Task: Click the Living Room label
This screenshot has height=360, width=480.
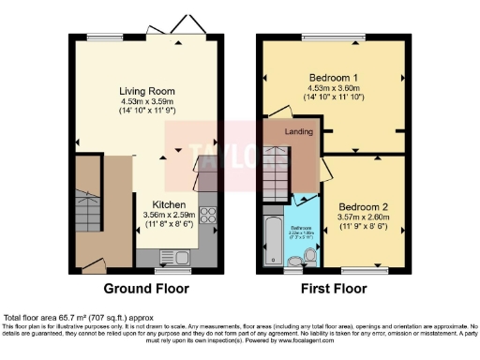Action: coord(146,91)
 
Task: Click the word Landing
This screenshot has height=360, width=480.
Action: coord(298,132)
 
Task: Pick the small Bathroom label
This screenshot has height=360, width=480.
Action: coord(300,228)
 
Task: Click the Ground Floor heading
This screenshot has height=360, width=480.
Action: coord(145,288)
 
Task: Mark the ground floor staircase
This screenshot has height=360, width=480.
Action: coord(86,211)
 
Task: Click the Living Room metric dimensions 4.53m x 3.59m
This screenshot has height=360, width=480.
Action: coord(146,101)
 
